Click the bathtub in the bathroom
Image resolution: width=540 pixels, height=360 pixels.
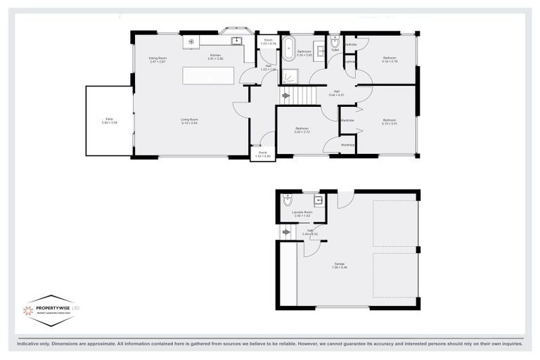tap(288, 49)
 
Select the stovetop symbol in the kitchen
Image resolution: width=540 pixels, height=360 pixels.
tap(191, 41)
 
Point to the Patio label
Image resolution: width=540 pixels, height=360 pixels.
tap(109, 121)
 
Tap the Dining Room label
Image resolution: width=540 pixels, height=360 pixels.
tap(157, 59)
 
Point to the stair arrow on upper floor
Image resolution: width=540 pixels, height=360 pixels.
tap(285, 95)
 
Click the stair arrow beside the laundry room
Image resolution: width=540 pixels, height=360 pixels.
tap(285, 231)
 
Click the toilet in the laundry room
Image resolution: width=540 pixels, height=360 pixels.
tap(287, 200)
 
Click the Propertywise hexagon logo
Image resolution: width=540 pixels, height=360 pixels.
tap(49, 310)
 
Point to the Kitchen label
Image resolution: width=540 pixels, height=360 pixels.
tap(215, 56)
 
